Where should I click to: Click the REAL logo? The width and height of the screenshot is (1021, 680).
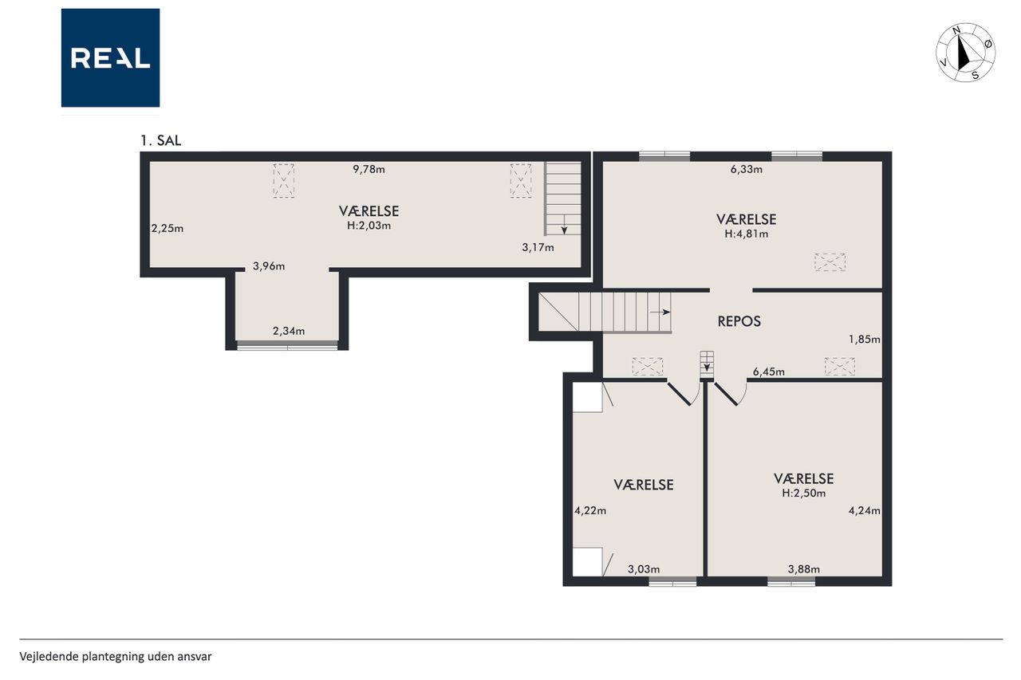[110, 58]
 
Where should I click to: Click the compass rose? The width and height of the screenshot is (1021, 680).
[965, 53]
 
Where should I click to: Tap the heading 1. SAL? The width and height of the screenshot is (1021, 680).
[160, 141]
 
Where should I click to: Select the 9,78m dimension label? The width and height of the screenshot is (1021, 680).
[369, 170]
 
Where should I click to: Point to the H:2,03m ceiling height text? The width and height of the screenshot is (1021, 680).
[369, 226]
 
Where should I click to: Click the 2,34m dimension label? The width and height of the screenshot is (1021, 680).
[289, 331]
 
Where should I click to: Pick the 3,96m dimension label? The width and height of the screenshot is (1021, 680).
[269, 266]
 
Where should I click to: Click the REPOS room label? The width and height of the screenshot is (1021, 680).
[739, 321]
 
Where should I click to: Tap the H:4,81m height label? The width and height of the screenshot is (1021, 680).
[746, 234]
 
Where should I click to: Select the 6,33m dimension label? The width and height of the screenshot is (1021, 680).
[746, 170]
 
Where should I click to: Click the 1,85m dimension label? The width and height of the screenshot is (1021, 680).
[864, 340]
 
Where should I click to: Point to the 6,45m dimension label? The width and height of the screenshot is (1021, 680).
[768, 371]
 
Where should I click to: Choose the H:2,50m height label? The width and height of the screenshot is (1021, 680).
[803, 493]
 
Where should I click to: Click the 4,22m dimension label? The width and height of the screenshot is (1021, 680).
[590, 510]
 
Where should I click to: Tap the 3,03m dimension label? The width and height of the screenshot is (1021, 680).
[644, 569]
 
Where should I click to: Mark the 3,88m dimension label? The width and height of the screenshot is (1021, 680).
[803, 569]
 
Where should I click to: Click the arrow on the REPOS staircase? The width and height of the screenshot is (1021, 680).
[660, 312]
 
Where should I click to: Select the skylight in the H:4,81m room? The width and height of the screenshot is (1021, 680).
[830, 262]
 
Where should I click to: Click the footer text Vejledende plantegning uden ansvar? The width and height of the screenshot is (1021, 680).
[116, 657]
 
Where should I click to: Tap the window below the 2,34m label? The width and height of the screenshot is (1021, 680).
[287, 346]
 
